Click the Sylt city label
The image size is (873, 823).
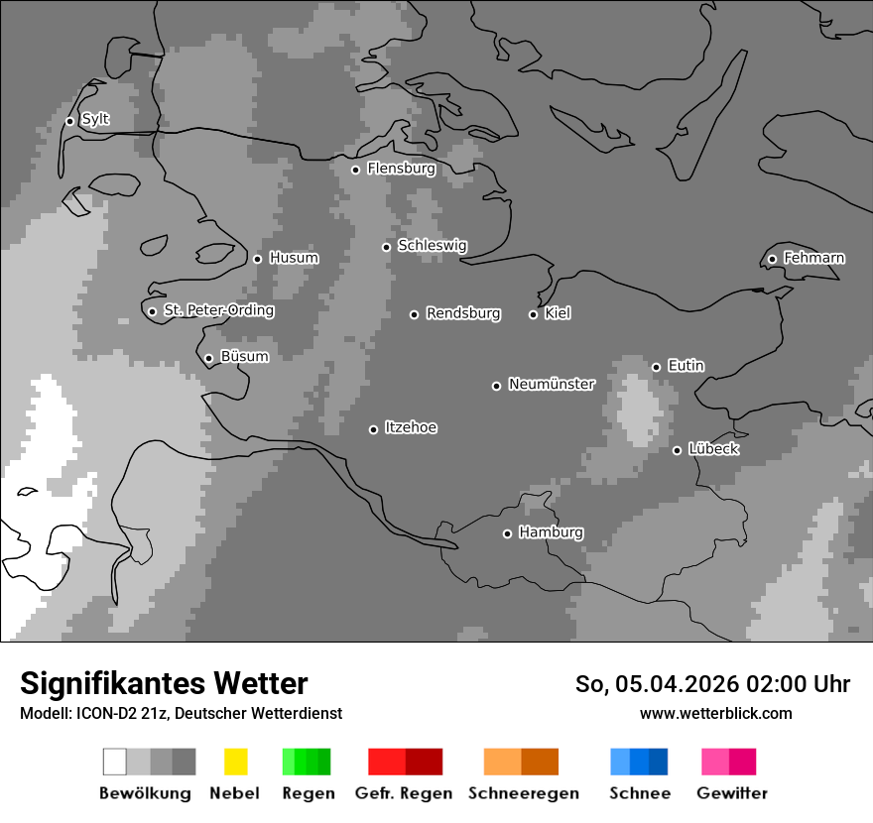95,120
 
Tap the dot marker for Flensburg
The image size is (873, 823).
355,170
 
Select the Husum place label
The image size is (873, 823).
294,259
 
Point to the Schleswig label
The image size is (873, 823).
432,246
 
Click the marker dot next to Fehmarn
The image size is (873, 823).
772,260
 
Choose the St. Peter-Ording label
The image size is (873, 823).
218,311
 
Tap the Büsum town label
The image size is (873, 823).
244,357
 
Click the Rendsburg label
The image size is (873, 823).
463,314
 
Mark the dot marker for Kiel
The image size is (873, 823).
533,314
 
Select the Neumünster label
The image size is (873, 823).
552,385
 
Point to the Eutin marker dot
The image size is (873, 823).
656,367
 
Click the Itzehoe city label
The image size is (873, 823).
411,428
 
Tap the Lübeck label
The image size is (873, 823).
713,450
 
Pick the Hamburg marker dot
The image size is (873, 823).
507,533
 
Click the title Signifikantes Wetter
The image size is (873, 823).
164,683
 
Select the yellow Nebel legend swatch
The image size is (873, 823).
235,762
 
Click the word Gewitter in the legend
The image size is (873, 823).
732,793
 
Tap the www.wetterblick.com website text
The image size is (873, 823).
716,714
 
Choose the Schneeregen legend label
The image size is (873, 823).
524,793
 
